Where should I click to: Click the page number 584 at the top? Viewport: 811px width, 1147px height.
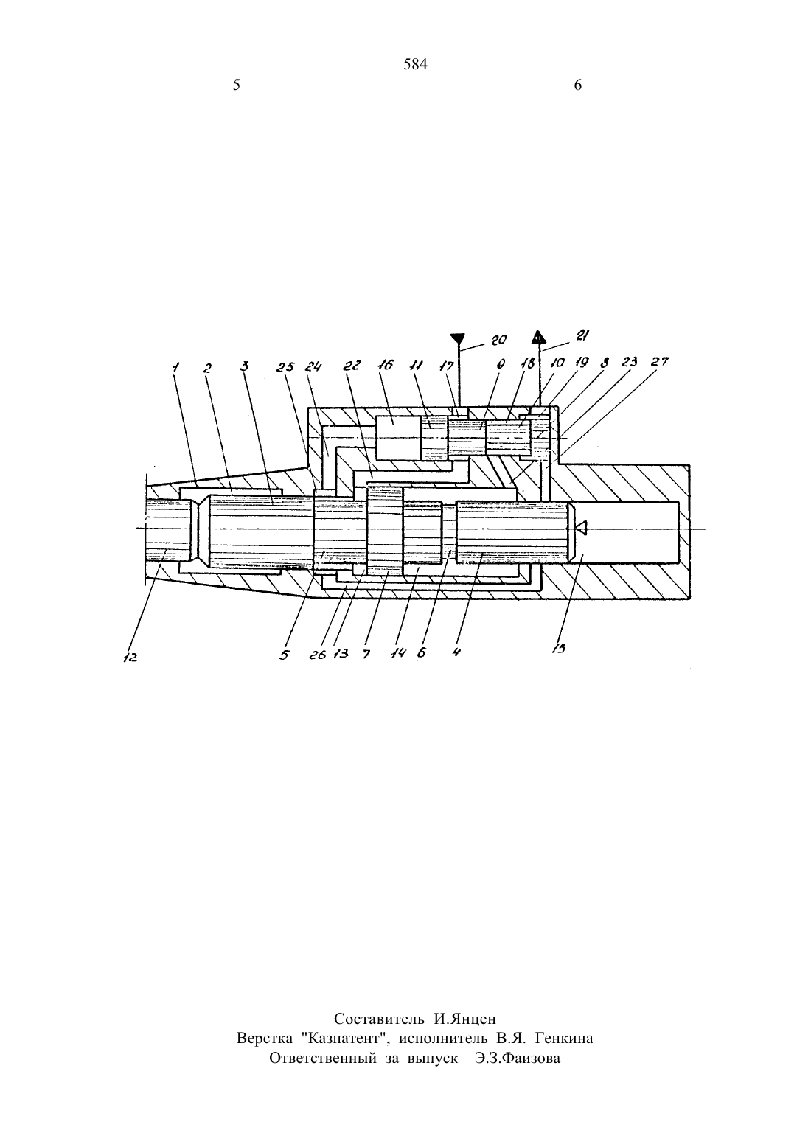point(415,65)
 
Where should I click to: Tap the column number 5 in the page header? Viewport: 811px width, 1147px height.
point(236,85)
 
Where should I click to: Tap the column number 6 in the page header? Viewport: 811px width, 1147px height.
point(577,85)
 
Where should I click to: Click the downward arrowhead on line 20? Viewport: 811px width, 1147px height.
point(458,340)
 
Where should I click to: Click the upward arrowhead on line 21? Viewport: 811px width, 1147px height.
point(537,336)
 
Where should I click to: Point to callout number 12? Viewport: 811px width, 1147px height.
point(130,658)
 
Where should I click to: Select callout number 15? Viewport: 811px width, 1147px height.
point(559,648)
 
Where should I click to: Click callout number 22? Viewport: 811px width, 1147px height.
point(352,365)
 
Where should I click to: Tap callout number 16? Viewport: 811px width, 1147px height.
point(385,365)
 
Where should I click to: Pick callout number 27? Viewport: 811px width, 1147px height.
point(660,361)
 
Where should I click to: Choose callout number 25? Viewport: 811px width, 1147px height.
point(286,367)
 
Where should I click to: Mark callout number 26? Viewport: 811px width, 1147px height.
point(318,655)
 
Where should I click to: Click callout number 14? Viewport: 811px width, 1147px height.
point(398,653)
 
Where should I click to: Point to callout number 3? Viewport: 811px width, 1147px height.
point(245,366)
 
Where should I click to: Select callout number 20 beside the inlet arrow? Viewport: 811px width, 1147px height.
point(498,340)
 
